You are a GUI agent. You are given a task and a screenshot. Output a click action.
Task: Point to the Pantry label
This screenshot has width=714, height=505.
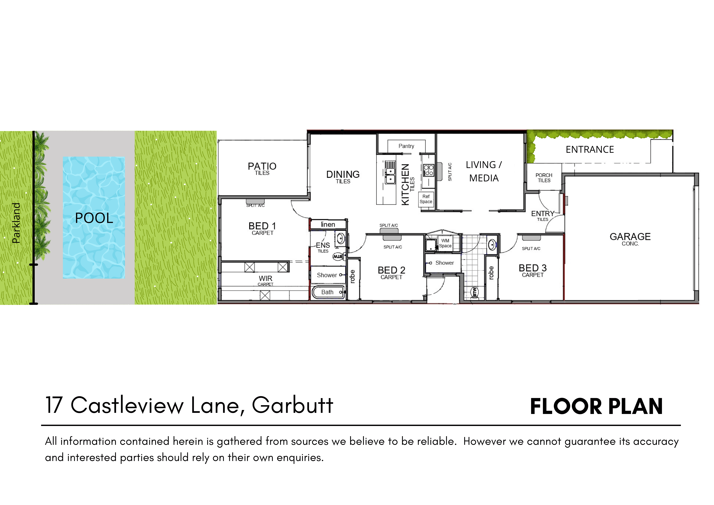[x=406, y=146]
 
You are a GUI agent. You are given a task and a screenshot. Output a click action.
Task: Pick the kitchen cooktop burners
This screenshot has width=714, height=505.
[x=429, y=170]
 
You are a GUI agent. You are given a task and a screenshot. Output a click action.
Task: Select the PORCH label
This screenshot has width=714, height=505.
[x=544, y=175]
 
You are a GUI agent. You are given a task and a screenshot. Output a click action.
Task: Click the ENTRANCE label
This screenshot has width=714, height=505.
[x=590, y=150]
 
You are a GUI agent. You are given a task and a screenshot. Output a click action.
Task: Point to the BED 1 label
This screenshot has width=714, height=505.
[x=262, y=226]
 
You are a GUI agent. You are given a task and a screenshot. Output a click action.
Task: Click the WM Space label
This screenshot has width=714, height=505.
[x=445, y=243]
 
